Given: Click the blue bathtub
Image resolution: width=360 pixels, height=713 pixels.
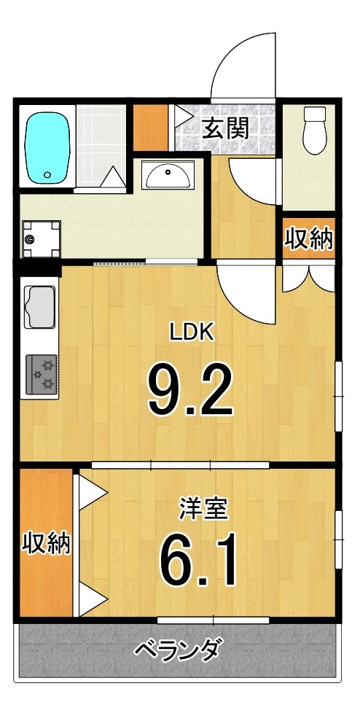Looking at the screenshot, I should pyautogui.click(x=48, y=148).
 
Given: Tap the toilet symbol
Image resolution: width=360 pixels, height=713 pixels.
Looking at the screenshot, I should pyautogui.click(x=315, y=131).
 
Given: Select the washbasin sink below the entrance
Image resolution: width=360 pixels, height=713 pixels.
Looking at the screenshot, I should pyautogui.click(x=168, y=176).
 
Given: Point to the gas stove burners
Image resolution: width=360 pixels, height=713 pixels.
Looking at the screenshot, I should pyautogui.click(x=42, y=373).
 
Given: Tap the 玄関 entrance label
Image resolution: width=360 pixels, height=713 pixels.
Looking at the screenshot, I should pyautogui.click(x=225, y=128).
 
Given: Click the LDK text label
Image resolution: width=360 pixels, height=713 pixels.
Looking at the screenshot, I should pyautogui.click(x=191, y=333).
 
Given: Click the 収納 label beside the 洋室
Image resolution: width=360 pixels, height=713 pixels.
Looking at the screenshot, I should pyautogui.click(x=45, y=543).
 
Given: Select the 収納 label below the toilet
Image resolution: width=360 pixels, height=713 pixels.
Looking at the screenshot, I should pyautogui.click(x=309, y=240).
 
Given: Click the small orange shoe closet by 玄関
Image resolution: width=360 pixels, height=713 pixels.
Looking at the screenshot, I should pyautogui.click(x=149, y=128).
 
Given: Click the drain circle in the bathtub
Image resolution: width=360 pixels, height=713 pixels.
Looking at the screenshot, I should pyautogui.click(x=48, y=175).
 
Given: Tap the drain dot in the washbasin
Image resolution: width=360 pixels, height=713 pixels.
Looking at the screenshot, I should pyautogui.click(x=168, y=172).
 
